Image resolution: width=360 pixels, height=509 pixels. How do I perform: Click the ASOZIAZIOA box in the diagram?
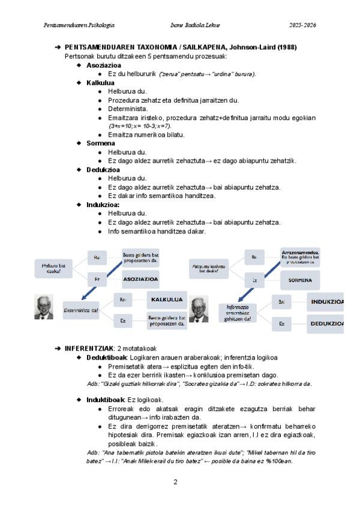coord(140,279)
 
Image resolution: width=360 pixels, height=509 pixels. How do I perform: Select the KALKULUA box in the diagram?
coord(167,300)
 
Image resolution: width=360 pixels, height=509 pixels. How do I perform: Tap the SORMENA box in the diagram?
coord(299,280)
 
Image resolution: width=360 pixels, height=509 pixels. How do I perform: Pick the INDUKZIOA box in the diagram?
coord(326,301)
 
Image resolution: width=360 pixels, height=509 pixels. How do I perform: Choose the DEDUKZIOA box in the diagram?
coord(326,323)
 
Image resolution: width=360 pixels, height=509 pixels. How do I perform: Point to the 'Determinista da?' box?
coord(81,310)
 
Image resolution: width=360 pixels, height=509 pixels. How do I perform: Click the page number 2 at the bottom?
coord(175,481)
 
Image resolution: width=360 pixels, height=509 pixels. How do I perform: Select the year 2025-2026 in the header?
coord(302,25)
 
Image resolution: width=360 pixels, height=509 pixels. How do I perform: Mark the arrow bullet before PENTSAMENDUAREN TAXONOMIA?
coord(58,47)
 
